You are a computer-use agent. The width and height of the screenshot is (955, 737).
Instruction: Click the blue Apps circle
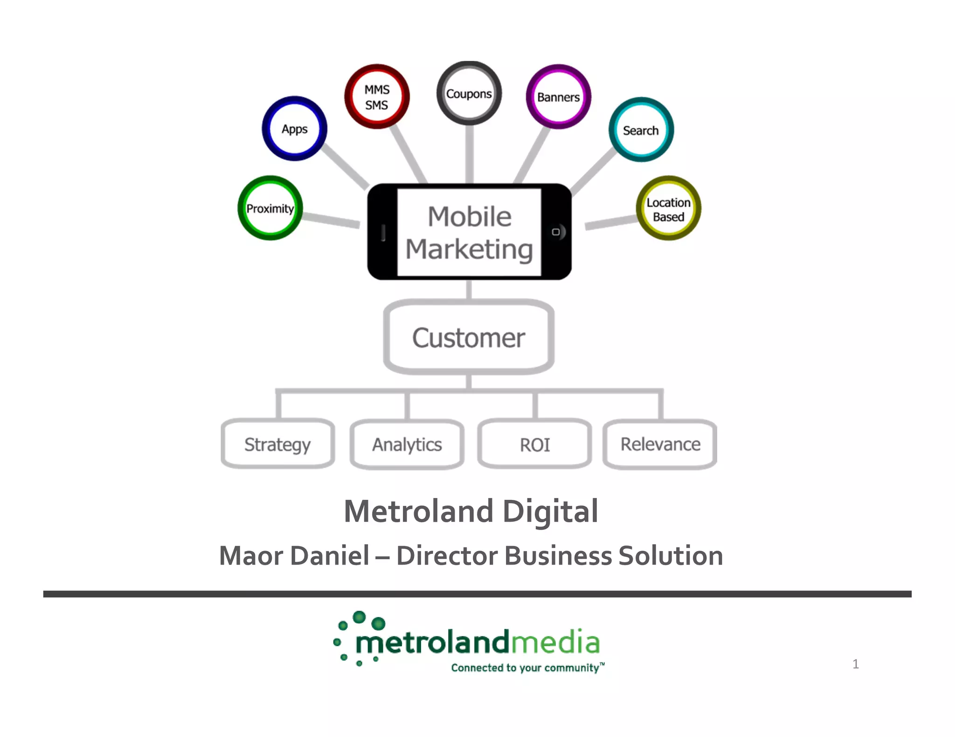click(294, 129)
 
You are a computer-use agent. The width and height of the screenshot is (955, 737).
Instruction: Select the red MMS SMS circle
click(377, 97)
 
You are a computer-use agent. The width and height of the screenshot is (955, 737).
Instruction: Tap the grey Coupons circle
click(469, 94)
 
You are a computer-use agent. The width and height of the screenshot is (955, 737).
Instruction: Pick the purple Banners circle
click(558, 97)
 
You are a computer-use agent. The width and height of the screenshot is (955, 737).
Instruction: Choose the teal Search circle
click(641, 130)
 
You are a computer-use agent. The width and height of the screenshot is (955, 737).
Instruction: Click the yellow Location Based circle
click(668, 209)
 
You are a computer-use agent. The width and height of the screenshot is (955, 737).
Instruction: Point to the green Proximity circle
click(270, 208)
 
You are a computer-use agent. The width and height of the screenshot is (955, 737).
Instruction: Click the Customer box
click(469, 337)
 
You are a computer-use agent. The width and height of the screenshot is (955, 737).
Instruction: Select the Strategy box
click(277, 444)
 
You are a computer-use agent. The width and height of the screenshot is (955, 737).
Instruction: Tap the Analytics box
click(407, 444)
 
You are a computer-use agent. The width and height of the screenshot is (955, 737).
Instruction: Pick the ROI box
click(534, 444)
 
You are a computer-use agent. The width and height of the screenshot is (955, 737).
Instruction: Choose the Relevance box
click(660, 444)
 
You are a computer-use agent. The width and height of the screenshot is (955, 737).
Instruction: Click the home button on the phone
click(556, 232)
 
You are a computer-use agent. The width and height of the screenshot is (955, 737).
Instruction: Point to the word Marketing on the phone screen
click(469, 249)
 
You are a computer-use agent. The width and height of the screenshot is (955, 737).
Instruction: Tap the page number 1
click(855, 664)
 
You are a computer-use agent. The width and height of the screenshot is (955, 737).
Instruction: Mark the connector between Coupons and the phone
click(470, 154)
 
